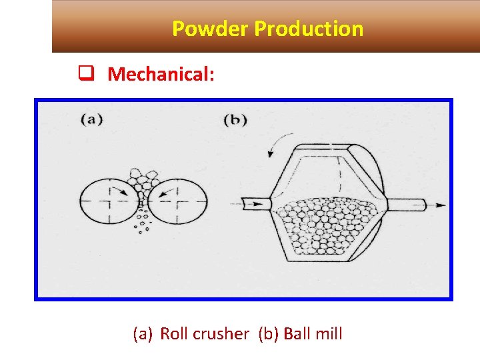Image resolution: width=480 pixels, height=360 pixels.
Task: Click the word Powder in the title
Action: click(210, 29)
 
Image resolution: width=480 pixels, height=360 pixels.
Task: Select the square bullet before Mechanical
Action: click(85, 73)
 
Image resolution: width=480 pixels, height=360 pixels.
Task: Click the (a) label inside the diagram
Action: click(91, 121)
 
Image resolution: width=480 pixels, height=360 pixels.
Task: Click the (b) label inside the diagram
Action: click(235, 121)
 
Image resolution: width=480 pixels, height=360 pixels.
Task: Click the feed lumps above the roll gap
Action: click(143, 179)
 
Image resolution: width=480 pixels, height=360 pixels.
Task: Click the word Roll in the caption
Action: click(174, 334)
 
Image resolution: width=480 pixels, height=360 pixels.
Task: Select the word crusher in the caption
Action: click(220, 334)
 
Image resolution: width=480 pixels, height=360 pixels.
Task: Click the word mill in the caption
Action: click(327, 334)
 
